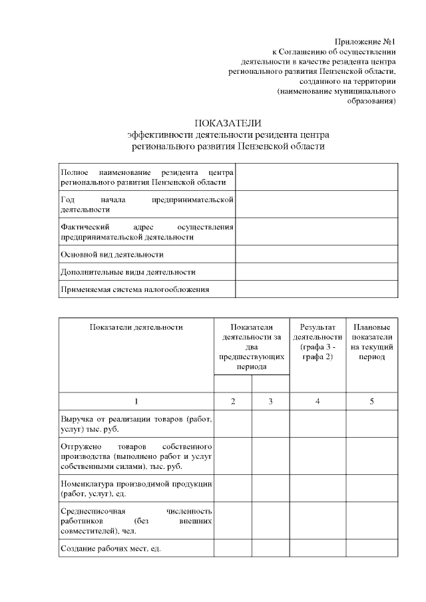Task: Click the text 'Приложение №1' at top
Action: tap(368, 41)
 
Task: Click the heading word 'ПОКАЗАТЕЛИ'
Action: tap(228, 123)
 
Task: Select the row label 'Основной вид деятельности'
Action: tap(112, 254)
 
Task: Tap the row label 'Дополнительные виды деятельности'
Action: tap(128, 271)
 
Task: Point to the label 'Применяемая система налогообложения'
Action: tap(135, 289)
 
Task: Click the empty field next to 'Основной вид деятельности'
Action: tap(317, 254)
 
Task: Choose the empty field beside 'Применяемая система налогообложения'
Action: tap(317, 289)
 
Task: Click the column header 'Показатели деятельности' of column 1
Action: tap(136, 327)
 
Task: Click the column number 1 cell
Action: tap(136, 401)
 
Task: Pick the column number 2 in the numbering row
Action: tap(233, 401)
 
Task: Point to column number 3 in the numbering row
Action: tap(271, 401)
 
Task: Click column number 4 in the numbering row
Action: tap(318, 401)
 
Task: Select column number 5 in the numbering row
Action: tap(371, 401)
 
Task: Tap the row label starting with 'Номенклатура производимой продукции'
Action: tap(136, 488)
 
